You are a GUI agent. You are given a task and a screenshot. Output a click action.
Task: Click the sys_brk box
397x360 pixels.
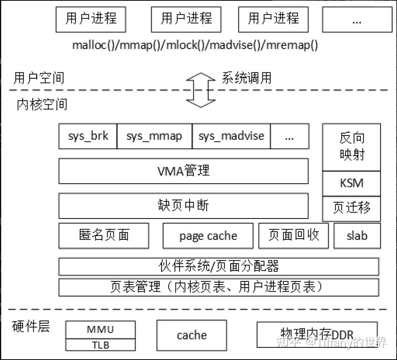pos(88,136)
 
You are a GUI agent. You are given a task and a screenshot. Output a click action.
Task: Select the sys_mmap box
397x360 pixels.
pos(154,136)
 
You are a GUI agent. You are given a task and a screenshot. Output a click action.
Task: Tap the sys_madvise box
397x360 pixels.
pos(231,136)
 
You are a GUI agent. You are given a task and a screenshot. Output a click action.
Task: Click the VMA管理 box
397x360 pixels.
pos(183,171)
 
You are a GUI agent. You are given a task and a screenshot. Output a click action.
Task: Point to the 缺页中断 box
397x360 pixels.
pos(183,206)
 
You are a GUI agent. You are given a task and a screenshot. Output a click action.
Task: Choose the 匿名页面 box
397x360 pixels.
pos(104,236)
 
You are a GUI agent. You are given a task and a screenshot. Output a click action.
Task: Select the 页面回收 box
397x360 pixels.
pos(294,236)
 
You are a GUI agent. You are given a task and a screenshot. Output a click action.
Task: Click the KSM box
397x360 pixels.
pos(352,184)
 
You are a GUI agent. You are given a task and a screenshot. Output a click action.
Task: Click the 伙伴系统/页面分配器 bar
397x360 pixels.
pos(218,266)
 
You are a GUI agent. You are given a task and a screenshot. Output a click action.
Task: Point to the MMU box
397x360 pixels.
pos(100,330)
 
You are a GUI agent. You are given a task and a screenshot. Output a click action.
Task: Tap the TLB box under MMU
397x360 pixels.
pos(100,345)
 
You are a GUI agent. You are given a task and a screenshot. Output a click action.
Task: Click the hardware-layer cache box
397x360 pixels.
pos(192,335)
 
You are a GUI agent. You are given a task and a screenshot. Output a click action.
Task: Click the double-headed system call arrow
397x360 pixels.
pos(200,90)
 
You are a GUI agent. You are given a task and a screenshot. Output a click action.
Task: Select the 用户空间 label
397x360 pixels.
pos(39,78)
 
